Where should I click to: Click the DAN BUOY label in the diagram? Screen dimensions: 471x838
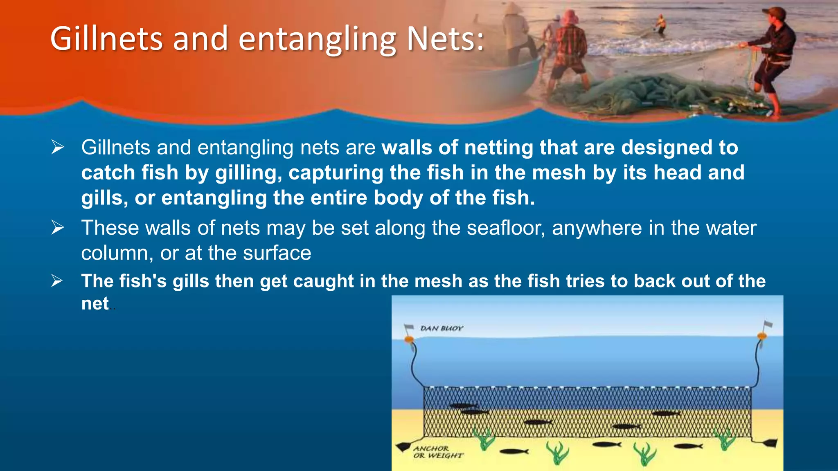click(441, 328)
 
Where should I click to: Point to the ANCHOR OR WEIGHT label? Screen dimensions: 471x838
click(437, 452)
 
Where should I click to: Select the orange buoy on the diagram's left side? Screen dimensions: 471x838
click(408, 339)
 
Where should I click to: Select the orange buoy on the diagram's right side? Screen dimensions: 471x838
click(761, 336)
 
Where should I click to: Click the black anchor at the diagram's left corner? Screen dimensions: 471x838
click(403, 446)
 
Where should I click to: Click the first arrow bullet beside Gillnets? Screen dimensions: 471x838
click(58, 147)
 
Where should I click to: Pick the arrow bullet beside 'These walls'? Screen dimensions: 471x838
click(58, 228)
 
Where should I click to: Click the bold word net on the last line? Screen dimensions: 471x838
click(95, 303)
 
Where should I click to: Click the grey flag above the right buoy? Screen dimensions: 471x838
click(768, 324)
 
